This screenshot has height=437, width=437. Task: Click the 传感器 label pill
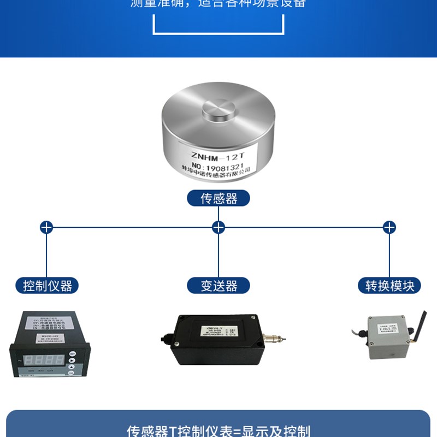tap(218, 198)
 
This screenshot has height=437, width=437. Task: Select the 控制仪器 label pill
tap(47, 285)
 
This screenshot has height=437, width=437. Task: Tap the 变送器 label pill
tap(218, 285)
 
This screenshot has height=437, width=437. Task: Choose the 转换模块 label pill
tap(389, 285)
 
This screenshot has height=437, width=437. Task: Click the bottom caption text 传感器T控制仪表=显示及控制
tap(218, 430)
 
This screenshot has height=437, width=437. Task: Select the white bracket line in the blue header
tap(218, 32)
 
